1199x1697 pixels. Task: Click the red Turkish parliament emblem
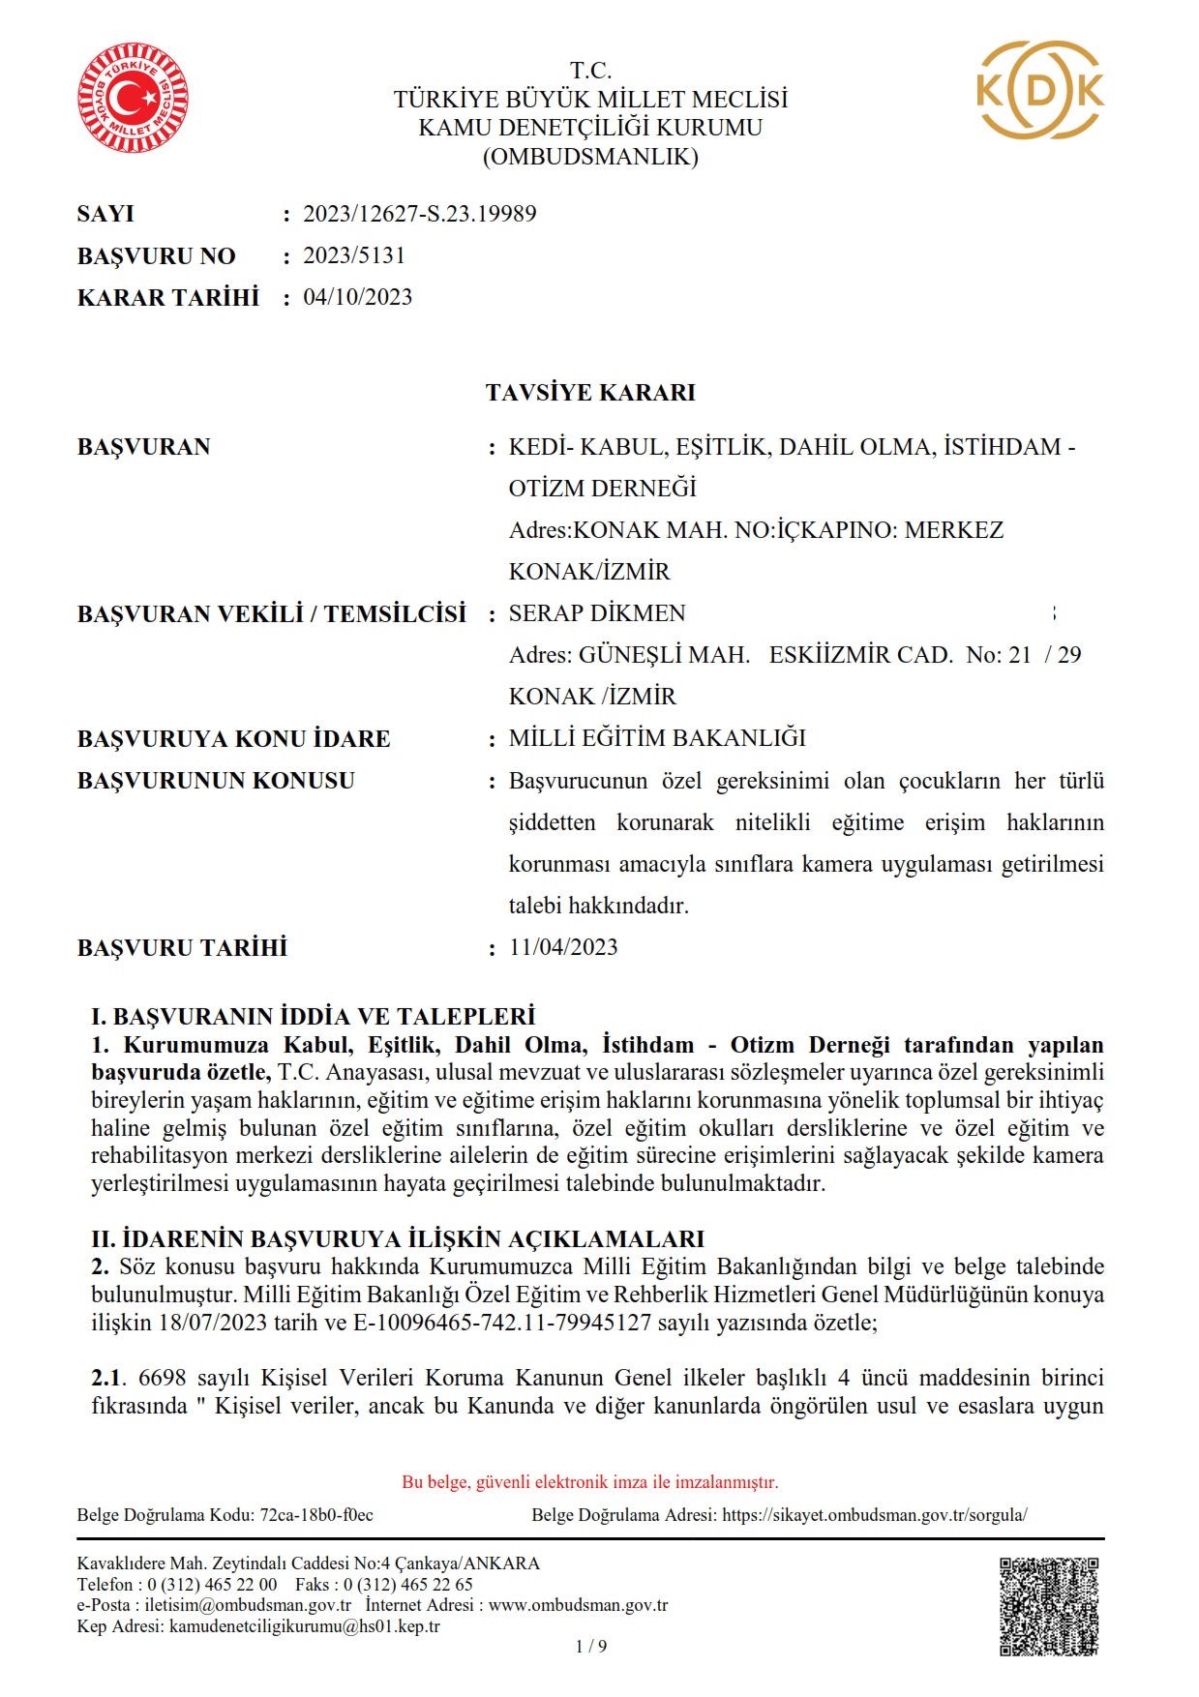click(x=133, y=98)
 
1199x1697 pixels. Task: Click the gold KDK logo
click(x=1040, y=90)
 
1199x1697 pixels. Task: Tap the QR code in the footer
click(x=1049, y=1606)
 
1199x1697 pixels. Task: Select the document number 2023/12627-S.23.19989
click(x=419, y=214)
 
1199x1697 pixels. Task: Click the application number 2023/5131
click(x=354, y=255)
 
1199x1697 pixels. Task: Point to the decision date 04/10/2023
click(x=357, y=297)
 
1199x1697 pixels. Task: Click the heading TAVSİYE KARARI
click(x=590, y=393)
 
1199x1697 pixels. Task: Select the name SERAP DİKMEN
click(x=597, y=613)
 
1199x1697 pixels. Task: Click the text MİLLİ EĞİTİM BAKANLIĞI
click(x=657, y=738)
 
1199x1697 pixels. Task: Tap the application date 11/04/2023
click(x=563, y=947)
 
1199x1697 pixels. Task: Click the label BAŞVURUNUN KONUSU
click(x=216, y=781)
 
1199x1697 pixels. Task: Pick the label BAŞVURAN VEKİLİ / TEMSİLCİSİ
click(x=271, y=614)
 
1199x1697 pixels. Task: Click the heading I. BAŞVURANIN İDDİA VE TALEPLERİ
click(x=313, y=1017)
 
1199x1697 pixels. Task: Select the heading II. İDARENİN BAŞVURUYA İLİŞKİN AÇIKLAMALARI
click(x=398, y=1239)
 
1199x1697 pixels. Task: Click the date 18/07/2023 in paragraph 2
click(x=212, y=1323)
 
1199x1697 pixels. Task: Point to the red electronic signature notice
click(x=590, y=1482)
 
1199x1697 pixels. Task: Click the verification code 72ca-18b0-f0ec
click(x=316, y=1515)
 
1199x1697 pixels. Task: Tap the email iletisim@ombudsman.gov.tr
click(x=248, y=1605)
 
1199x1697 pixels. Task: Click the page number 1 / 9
click(x=590, y=1646)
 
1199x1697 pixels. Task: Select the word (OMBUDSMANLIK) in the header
click(x=590, y=157)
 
